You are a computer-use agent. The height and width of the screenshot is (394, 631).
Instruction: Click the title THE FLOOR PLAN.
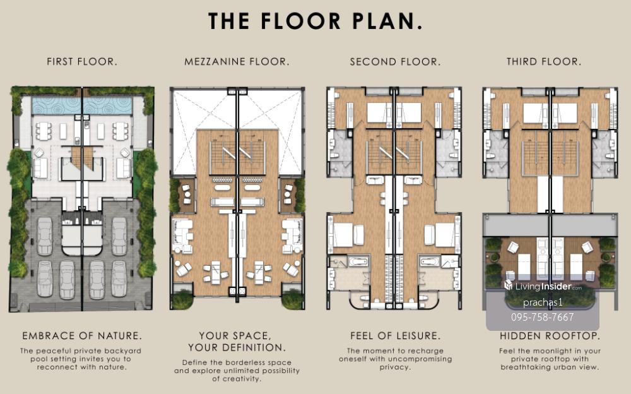(x=315, y=21)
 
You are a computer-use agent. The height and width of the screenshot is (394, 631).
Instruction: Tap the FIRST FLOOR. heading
(x=82, y=62)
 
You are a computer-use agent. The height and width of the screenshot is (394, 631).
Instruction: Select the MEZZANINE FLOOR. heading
(x=237, y=62)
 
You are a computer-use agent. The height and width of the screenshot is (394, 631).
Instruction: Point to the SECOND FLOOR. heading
(x=395, y=62)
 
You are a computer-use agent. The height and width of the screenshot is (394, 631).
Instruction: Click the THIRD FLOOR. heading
(x=544, y=62)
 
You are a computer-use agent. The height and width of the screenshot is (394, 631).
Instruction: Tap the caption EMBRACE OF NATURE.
(x=81, y=335)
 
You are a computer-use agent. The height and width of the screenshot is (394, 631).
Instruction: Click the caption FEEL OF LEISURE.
(x=395, y=335)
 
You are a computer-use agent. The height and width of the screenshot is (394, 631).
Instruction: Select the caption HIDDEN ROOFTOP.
(x=550, y=335)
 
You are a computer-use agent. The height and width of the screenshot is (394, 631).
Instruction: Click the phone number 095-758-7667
(x=543, y=317)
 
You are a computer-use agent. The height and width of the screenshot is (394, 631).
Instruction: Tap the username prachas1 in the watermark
(x=543, y=302)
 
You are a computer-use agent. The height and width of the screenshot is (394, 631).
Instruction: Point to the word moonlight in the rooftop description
(x=553, y=351)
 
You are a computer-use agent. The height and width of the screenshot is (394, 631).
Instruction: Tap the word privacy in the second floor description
(x=395, y=367)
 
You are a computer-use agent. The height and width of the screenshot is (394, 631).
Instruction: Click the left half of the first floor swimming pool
(x=57, y=105)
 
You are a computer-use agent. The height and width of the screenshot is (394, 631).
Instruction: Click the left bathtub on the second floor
(x=358, y=262)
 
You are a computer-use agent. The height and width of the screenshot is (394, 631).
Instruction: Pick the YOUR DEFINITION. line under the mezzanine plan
(x=237, y=347)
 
